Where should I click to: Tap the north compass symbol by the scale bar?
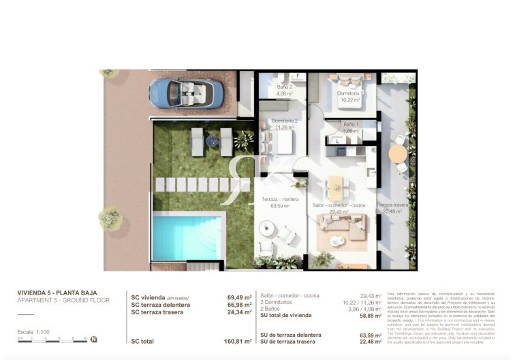93,339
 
